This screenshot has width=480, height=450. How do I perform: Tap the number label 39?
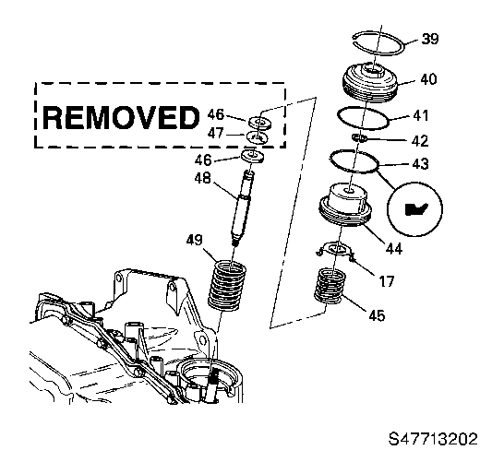pyautogui.click(x=429, y=39)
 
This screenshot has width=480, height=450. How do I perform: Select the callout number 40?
pyautogui.click(x=427, y=79)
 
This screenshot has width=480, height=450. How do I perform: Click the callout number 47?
pyautogui.click(x=217, y=135)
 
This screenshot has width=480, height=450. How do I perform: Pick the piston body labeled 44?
pyautogui.click(x=345, y=210)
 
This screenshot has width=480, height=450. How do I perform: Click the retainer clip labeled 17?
pyautogui.click(x=334, y=251)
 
